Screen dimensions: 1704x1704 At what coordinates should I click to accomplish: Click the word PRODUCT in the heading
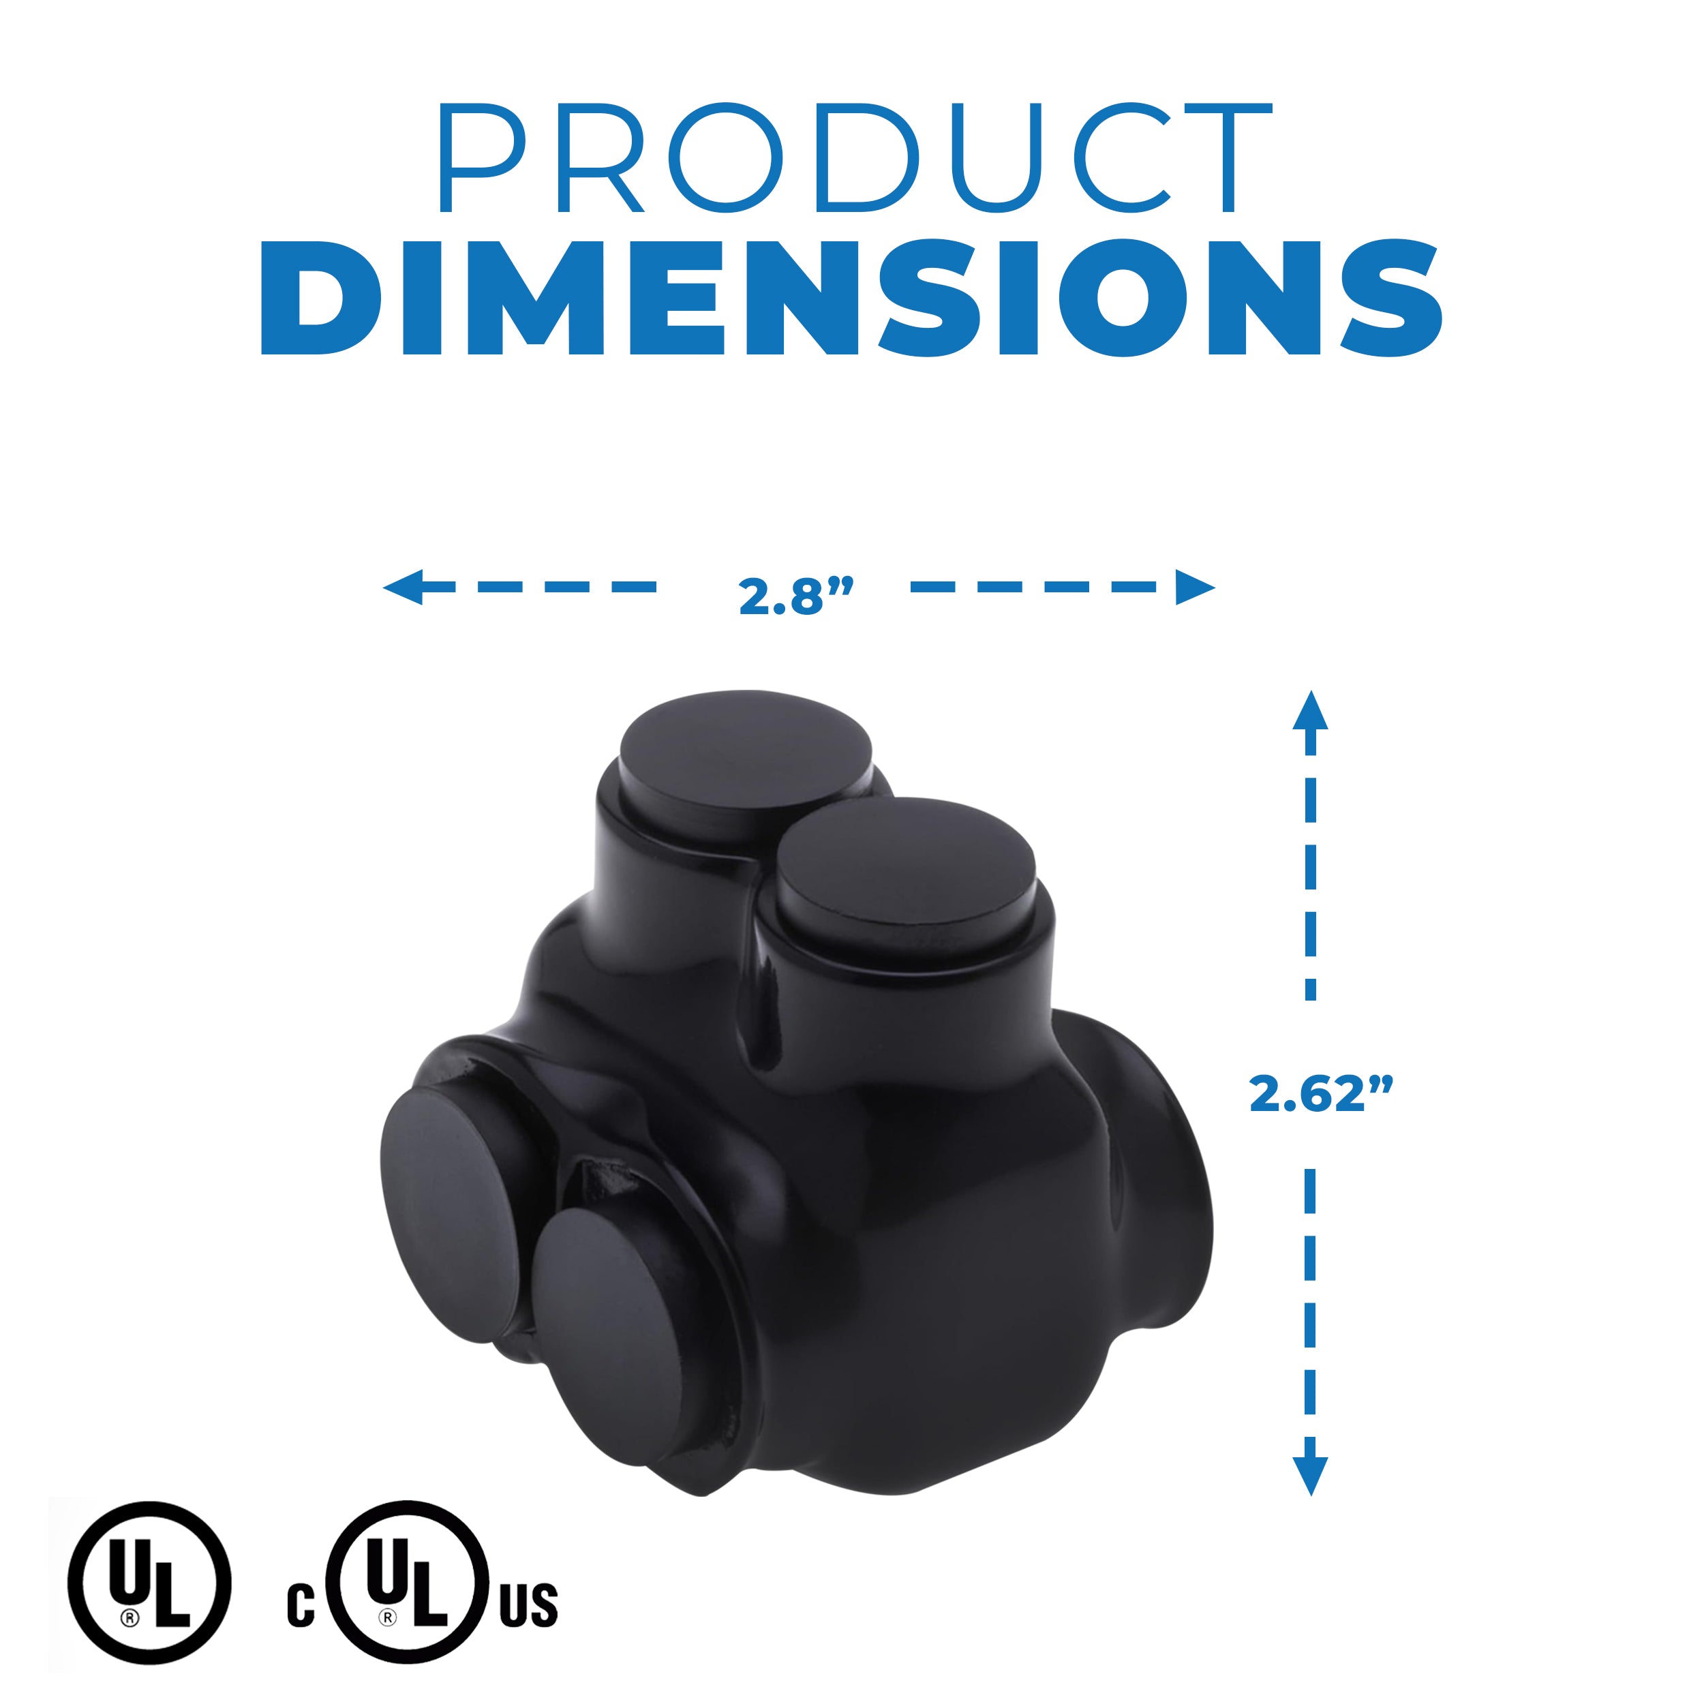click(855, 158)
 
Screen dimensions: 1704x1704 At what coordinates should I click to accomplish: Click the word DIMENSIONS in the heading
click(851, 297)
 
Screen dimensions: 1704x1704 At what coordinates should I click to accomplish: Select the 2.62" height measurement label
click(1320, 1094)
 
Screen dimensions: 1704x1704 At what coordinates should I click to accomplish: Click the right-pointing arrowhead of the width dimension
click(1195, 587)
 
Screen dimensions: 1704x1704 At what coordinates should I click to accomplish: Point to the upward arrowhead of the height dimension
click(1311, 711)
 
